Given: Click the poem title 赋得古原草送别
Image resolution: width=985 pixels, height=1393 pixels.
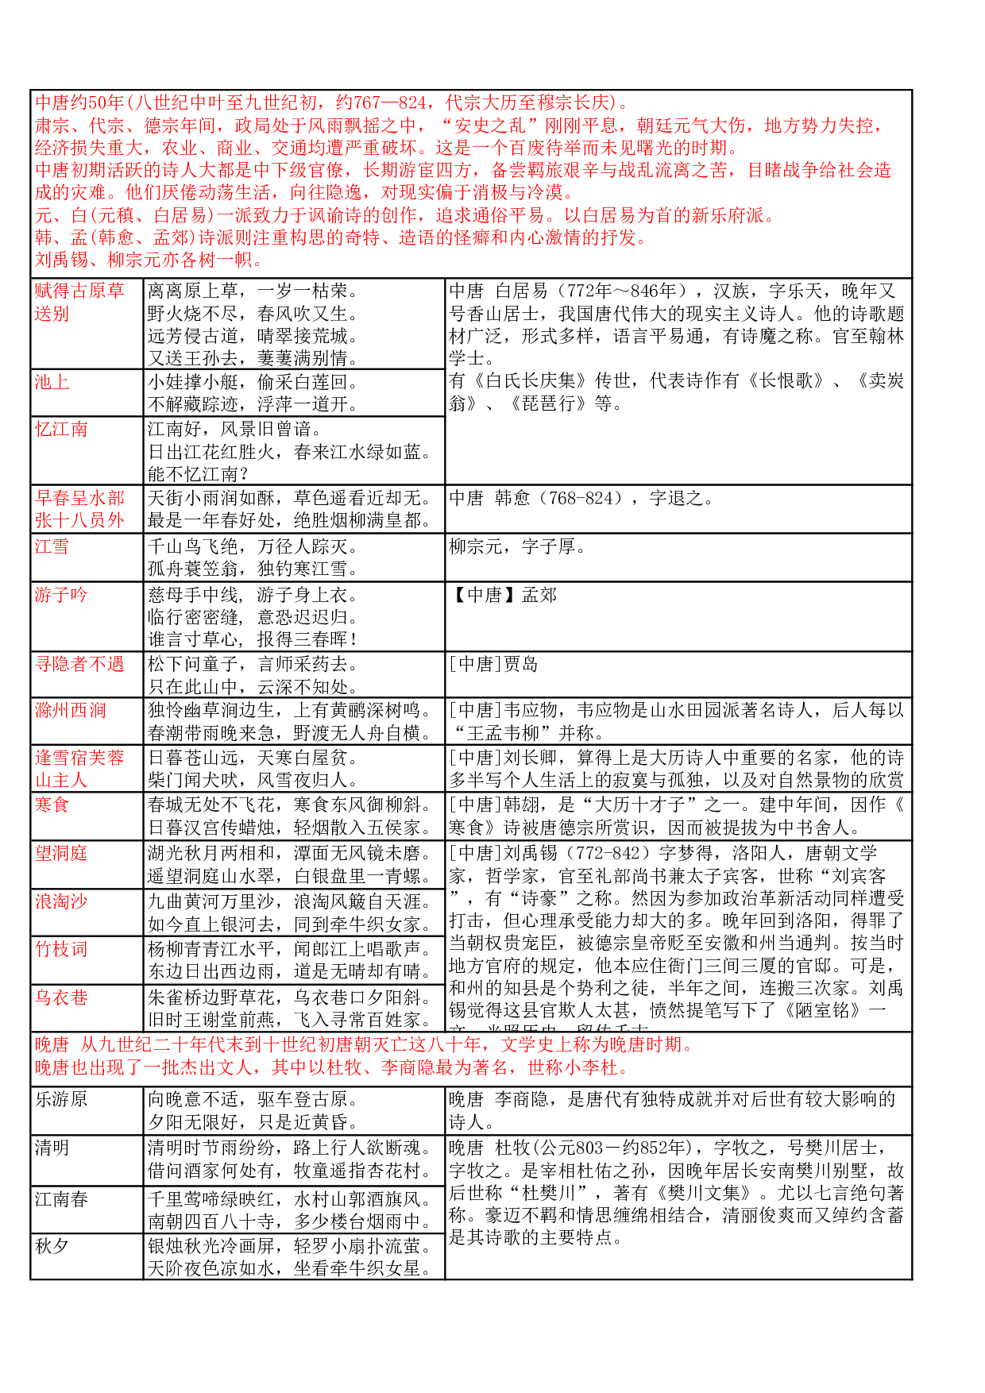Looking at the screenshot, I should point(79,303).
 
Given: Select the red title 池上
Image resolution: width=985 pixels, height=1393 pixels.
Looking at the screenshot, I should point(52,382).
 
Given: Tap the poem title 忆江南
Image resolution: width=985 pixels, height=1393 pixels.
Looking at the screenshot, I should point(61,430).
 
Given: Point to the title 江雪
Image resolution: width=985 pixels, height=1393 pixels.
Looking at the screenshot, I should point(52,546).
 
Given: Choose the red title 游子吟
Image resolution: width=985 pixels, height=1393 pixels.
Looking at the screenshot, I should point(61,595).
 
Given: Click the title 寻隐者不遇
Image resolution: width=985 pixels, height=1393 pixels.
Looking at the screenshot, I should point(79,664).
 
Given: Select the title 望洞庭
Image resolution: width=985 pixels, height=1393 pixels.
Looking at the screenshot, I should point(61,853).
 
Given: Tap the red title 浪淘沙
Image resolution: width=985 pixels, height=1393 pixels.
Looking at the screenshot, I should point(61,901).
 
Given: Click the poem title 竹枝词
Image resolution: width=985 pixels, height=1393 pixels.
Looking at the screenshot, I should point(61,949).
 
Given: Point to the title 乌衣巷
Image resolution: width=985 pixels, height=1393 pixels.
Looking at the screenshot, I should point(61,997).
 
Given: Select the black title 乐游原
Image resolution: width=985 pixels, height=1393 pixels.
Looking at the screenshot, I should point(61,1100).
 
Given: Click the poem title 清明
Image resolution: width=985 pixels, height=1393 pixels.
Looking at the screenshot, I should point(52,1148).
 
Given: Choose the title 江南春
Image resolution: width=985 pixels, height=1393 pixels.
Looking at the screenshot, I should point(61,1199).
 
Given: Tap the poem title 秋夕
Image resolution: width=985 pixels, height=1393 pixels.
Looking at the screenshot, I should point(52,1246).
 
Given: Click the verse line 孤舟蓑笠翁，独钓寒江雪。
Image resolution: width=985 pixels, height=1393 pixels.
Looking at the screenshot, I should point(253,569).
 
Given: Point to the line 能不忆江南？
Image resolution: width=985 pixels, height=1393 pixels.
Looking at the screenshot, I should point(199,475).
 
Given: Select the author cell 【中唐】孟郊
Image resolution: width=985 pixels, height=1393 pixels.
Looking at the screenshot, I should point(504,596).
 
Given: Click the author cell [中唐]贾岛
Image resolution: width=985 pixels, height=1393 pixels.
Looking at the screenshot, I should point(494,664).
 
